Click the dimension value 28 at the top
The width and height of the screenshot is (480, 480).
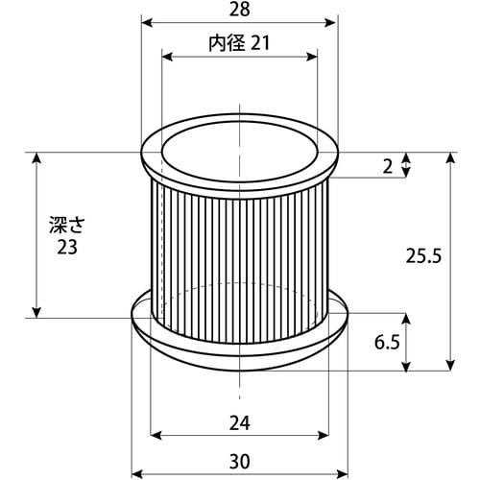(x=240, y=10)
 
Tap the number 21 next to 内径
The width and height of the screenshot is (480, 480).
(x=260, y=43)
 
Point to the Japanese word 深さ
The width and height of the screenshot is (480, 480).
(x=67, y=225)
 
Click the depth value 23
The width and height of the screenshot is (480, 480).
(x=67, y=248)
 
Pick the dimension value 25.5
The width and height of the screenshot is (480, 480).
(x=423, y=256)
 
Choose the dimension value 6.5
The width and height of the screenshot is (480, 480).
(x=387, y=343)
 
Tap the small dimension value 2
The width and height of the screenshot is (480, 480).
(x=388, y=166)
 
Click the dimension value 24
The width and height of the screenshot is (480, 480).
(x=240, y=423)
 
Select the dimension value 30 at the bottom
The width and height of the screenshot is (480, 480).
(x=240, y=462)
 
